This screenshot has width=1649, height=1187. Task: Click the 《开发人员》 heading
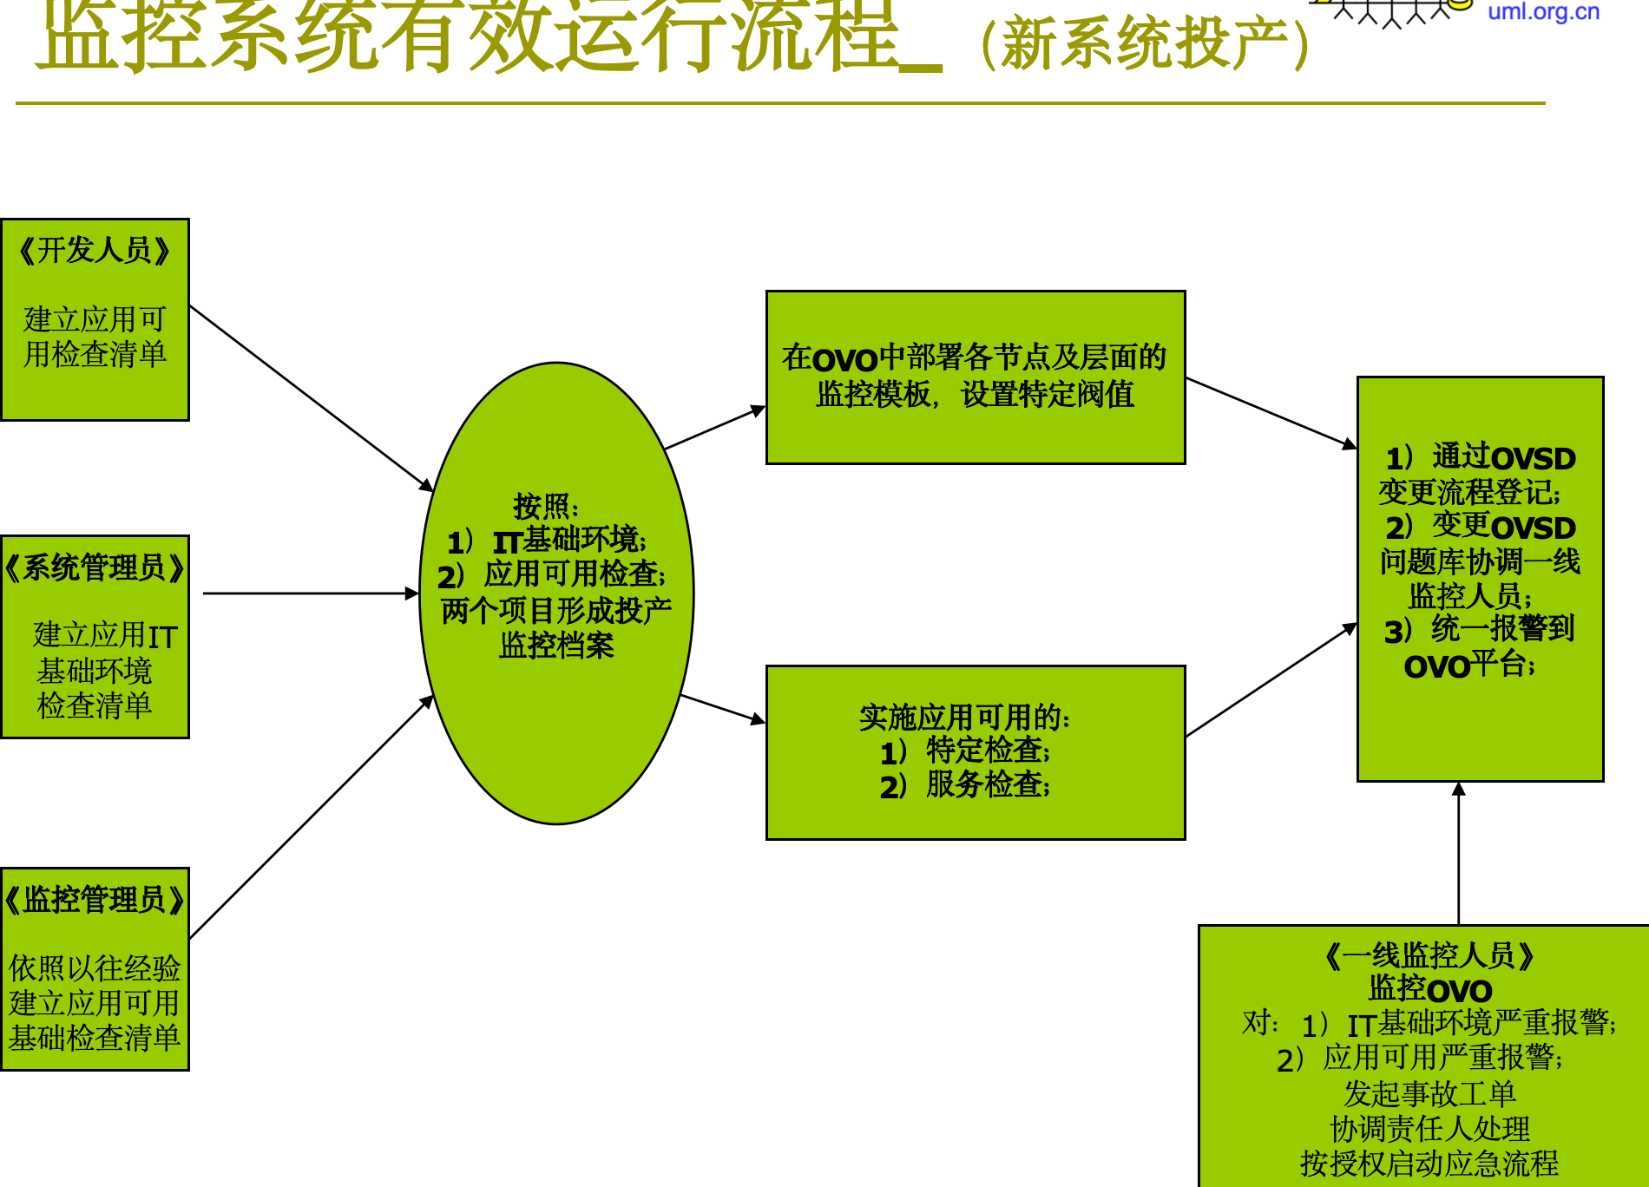coord(95,251)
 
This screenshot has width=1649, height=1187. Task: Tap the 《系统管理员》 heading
coord(95,568)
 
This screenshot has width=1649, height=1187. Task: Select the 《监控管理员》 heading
coord(95,900)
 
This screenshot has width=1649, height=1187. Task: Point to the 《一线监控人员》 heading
coord(1429,956)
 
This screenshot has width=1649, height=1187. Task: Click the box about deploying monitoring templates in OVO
coord(975,377)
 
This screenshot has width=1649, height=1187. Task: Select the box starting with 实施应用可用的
coord(975,751)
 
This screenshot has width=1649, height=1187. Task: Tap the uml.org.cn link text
coord(1543,12)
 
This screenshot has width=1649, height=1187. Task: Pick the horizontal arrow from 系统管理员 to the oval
coord(310,593)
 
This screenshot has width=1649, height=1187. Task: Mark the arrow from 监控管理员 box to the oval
coord(311,817)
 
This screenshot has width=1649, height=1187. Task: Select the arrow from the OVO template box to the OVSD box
coord(1271,412)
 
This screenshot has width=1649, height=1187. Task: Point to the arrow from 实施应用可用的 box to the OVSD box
coord(1271,680)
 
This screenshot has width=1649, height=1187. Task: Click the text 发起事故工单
coord(1429,1093)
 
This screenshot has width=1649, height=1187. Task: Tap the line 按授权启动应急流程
coord(1429,1164)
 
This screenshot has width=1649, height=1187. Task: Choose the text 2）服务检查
coord(964,785)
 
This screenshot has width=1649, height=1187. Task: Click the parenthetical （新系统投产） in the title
coord(1145,43)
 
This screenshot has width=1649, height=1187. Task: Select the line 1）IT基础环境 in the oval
coord(547,541)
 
